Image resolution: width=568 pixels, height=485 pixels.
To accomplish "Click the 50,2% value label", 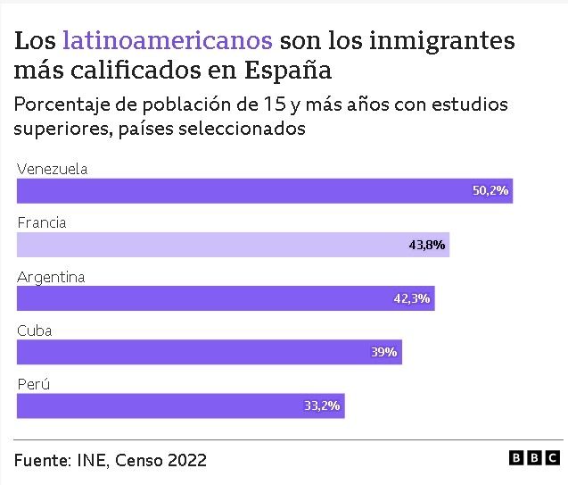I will [x=490, y=190].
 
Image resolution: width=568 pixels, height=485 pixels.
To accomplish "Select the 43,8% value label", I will [x=427, y=244].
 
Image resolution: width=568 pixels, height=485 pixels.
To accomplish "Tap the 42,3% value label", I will [x=412, y=298].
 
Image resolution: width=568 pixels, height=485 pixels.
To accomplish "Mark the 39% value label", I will [x=383, y=352].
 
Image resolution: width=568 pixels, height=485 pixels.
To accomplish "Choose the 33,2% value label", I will [x=322, y=406].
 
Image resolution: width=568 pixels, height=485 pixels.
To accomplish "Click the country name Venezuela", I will [x=52, y=169].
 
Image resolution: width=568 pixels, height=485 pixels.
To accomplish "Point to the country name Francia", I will [x=42, y=222].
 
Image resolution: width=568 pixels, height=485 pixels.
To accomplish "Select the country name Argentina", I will [x=51, y=277].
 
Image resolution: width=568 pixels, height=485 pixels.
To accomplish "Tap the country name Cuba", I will [x=35, y=330].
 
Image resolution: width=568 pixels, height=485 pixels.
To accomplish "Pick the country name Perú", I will [x=33, y=384].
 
